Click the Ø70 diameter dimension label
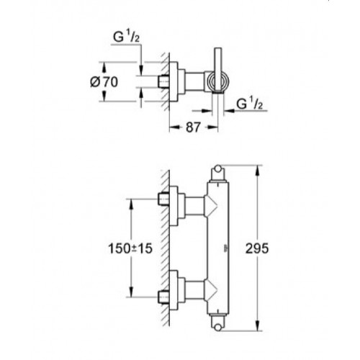(x=104, y=82)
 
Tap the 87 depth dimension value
(x=193, y=127)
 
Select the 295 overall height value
(x=257, y=248)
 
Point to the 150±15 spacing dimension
(x=130, y=248)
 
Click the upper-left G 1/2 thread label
(x=126, y=37)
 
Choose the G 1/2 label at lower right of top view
(x=250, y=104)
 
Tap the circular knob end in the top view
(x=218, y=81)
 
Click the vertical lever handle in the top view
(x=218, y=70)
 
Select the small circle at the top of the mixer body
(x=218, y=168)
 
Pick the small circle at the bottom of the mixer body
(x=218, y=328)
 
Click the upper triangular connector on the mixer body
(x=210, y=206)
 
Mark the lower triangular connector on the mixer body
(x=210, y=290)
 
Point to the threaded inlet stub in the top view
(x=163, y=81)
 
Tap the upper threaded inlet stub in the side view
(x=163, y=199)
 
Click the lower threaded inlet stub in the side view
(x=163, y=297)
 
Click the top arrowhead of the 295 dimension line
(x=258, y=171)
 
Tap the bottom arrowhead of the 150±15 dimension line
(x=131, y=292)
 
